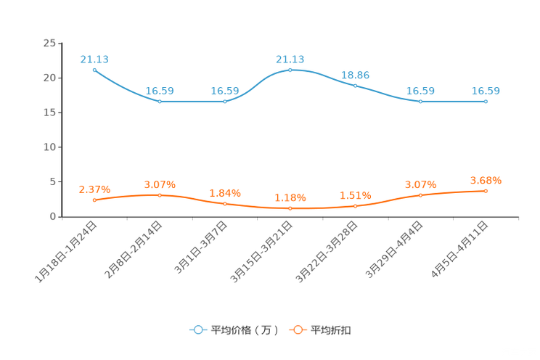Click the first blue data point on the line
[94, 69]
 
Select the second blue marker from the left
[160, 102]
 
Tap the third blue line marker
[225, 102]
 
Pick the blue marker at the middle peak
[290, 70]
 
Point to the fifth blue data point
[355, 85]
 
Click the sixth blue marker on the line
[421, 102]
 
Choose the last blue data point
[486, 102]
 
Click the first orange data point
[94, 200]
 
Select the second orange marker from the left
[160, 195]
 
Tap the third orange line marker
[225, 204]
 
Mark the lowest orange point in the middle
[290, 208]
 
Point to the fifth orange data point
[355, 206]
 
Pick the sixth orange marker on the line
[421, 195]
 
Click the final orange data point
[486, 191]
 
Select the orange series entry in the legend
[321, 330]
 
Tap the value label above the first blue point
[94, 58]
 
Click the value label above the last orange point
[486, 180]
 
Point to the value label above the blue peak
[290, 59]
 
